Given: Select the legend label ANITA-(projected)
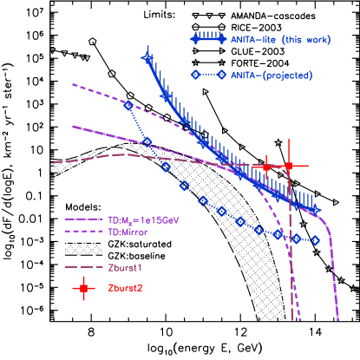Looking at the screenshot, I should point(272,75).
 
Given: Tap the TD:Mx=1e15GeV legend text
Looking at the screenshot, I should point(143,220).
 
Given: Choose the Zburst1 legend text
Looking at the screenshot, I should point(126,267).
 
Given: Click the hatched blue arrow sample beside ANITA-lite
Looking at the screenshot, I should point(208,39).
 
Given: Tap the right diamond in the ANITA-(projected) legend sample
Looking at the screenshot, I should point(222,75).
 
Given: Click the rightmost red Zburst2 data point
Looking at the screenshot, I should point(289,165).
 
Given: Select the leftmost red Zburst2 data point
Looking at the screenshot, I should point(266,167).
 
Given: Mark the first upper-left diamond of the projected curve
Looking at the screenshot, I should point(128,105).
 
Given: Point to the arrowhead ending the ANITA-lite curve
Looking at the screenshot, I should point(316,210).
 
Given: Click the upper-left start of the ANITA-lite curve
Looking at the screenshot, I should point(147,57).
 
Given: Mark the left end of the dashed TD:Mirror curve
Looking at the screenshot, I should point(73,85).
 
